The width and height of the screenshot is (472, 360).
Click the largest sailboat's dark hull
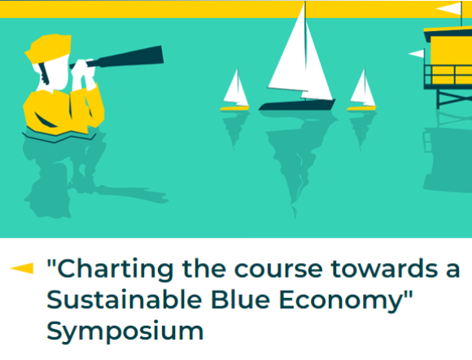coord(296,105)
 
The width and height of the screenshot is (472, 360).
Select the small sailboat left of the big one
coord(235,91)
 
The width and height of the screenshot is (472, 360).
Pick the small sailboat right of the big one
coord(361,91)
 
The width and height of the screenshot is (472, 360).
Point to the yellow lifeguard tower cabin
coord(448,58)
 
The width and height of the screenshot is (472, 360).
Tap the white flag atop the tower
coord(450,9)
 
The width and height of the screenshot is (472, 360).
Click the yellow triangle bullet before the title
coord(23,268)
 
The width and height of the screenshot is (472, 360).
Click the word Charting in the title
coord(104,269)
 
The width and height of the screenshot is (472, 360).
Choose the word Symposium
coord(125,331)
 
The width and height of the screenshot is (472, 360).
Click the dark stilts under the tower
coord(452,98)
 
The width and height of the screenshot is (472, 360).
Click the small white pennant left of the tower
coord(416,54)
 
